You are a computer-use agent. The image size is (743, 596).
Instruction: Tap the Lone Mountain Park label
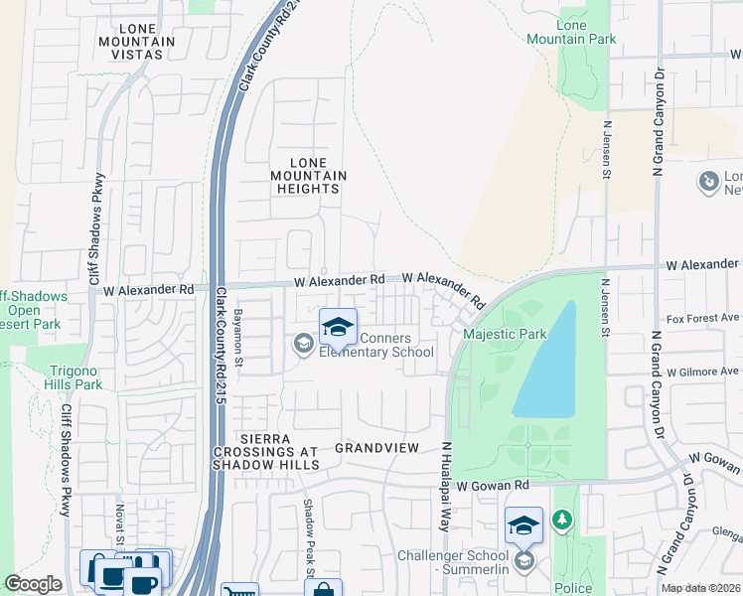click(586, 32)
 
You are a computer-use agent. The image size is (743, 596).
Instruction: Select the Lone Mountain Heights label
click(309, 176)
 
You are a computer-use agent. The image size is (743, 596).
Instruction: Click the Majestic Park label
click(506, 334)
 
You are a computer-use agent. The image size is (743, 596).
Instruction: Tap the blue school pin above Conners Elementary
click(338, 327)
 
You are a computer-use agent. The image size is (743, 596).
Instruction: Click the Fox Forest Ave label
click(703, 318)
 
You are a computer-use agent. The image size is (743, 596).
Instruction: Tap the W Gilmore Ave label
click(703, 371)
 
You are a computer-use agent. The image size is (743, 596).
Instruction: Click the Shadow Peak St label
click(309, 536)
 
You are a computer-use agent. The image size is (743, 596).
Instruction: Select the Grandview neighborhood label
click(377, 448)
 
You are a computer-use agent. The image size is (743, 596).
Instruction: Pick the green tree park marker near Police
click(562, 520)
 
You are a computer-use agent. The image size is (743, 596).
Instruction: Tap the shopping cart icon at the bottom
click(239, 590)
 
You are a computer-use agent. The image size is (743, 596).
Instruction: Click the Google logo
click(33, 584)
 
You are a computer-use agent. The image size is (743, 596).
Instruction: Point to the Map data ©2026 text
click(700, 588)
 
